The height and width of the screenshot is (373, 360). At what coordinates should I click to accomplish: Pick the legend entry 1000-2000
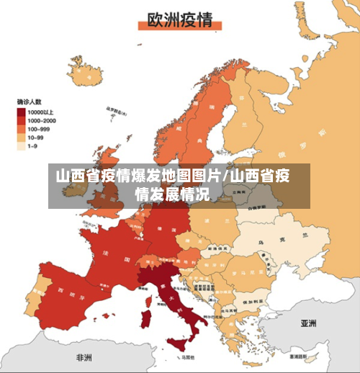pyautogui.click(x=22, y=121)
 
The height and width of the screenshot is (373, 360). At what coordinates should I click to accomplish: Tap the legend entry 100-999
pyautogui.click(x=22, y=129)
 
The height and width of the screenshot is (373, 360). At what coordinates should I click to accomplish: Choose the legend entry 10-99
pyautogui.click(x=22, y=137)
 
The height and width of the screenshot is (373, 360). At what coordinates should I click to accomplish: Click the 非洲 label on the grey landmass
pyautogui.click(x=84, y=357)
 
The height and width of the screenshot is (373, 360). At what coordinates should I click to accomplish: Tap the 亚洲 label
pyautogui.click(x=310, y=323)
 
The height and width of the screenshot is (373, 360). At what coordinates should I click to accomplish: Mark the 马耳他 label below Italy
pyautogui.click(x=189, y=356)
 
